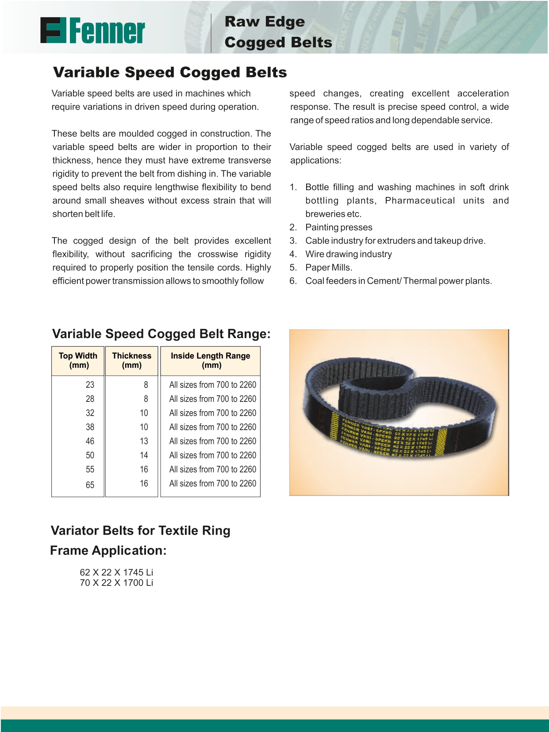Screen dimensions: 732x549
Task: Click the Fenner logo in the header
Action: click(92, 31)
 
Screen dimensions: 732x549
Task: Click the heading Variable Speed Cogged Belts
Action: click(170, 72)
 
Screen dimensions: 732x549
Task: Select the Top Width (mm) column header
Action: click(78, 361)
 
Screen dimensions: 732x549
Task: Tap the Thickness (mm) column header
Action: click(131, 361)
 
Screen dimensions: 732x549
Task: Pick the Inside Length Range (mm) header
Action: click(211, 361)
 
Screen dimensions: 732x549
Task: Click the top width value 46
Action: click(90, 441)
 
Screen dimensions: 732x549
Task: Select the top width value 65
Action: click(90, 485)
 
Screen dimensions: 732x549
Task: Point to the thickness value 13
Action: click(144, 441)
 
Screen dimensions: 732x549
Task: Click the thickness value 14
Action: click(144, 455)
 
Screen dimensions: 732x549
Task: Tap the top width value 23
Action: click(90, 385)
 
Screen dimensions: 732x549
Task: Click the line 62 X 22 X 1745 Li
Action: click(116, 572)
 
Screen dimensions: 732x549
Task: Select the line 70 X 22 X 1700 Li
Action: click(116, 583)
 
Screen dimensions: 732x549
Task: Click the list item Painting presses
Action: click(339, 227)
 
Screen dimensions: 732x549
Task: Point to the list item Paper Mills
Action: click(329, 268)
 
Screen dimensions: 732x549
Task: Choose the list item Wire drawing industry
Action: click(349, 254)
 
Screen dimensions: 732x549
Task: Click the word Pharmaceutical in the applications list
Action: click(420, 200)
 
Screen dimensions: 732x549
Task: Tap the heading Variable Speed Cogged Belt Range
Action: click(161, 334)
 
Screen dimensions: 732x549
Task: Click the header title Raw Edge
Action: click(265, 22)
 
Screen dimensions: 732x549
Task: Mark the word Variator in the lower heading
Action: click(75, 531)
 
